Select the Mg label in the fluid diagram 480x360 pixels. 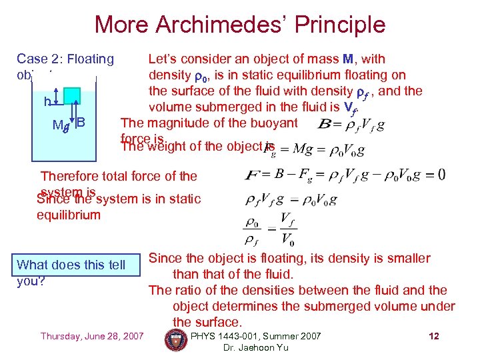pos(61,125)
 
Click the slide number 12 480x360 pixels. pos(433,336)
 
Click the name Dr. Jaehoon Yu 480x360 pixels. pos(256,348)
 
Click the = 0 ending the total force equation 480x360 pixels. pos(433,175)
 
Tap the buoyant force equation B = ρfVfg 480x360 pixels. pos(351,125)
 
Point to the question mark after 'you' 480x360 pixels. pos(42,281)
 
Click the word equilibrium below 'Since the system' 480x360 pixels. pos(69,215)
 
